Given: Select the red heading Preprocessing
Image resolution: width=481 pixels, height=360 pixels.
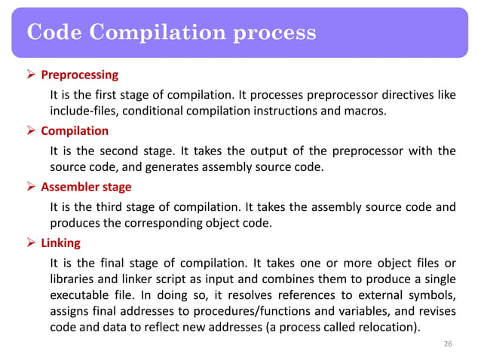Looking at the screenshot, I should [x=79, y=75].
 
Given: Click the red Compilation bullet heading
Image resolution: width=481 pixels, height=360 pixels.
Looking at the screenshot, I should [x=75, y=131].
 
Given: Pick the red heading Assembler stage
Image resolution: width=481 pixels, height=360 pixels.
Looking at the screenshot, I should [x=86, y=187].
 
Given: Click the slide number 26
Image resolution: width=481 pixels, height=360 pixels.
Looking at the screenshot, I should [x=448, y=344].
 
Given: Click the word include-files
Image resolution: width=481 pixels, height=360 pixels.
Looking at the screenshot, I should [x=84, y=112].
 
